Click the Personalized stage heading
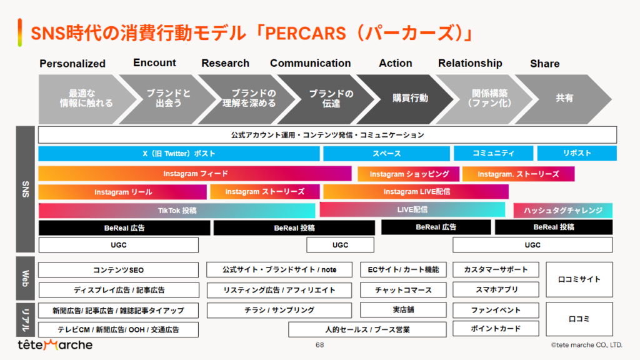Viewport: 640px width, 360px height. point(72,64)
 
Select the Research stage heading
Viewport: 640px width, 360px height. point(225,63)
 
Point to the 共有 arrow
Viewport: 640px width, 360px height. point(564,98)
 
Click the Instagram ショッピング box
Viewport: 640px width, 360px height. point(409,174)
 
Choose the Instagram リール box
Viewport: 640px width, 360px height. point(123,192)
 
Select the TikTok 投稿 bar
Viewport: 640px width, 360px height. point(177,211)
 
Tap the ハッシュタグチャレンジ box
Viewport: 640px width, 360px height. point(562,211)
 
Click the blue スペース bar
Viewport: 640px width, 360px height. point(386,153)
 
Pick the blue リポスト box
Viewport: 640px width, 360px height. point(576,153)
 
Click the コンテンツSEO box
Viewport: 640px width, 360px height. point(118,270)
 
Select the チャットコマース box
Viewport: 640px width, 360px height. point(403,290)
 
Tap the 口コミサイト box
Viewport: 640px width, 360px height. point(579,279)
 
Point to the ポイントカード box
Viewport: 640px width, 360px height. point(496,329)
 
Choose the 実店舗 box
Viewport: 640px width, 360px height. point(403,309)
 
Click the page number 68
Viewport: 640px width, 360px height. point(319,344)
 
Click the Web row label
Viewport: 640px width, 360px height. point(26,278)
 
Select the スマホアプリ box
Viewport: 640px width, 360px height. point(496,290)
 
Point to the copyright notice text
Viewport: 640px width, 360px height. point(586,344)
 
